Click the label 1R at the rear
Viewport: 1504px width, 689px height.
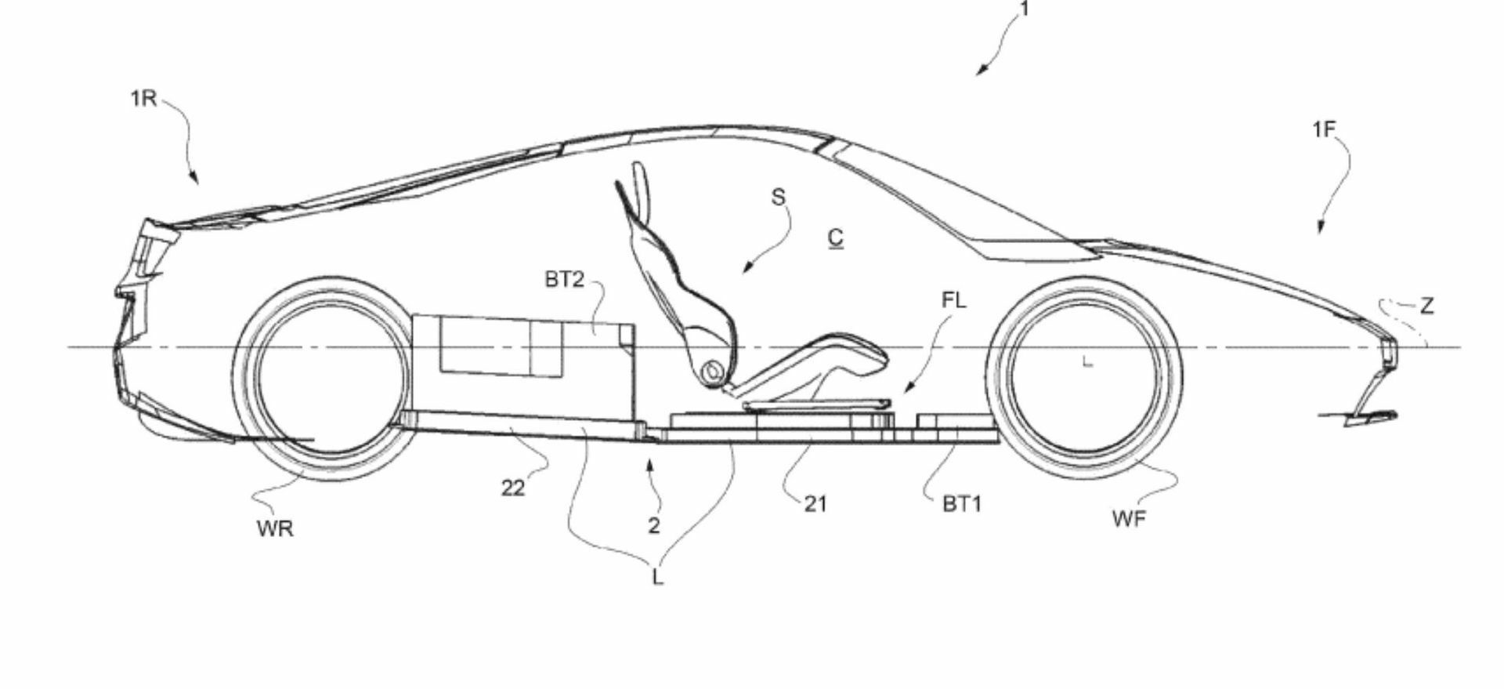tap(144, 100)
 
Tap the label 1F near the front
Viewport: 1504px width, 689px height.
tap(1323, 129)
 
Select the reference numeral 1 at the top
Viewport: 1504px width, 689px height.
tap(1023, 9)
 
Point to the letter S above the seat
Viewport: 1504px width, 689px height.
tap(778, 197)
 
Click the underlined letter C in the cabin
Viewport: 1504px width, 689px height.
tap(836, 238)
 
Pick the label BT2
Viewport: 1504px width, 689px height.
tap(564, 280)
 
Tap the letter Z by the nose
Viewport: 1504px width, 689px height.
tap(1426, 306)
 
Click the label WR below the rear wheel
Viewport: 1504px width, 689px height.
tap(275, 529)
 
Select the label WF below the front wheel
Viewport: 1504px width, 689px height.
tap(1129, 518)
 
